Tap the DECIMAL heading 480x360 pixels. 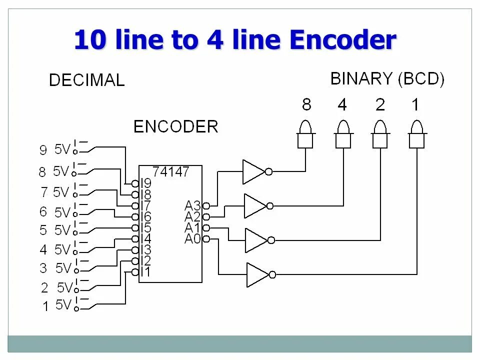(x=86, y=80)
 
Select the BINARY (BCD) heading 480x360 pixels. (x=387, y=79)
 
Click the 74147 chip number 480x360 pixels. (x=170, y=172)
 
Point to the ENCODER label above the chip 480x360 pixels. (x=175, y=127)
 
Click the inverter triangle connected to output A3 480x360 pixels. (x=253, y=171)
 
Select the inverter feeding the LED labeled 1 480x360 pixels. (x=257, y=274)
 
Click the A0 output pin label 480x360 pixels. (x=192, y=239)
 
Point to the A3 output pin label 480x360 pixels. (x=192, y=205)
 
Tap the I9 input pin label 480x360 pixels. (x=145, y=183)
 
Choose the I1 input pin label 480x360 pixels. (x=145, y=272)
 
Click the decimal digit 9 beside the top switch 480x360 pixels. (x=43, y=150)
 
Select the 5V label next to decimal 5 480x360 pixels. (x=62, y=230)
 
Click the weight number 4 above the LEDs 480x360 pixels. (x=342, y=105)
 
